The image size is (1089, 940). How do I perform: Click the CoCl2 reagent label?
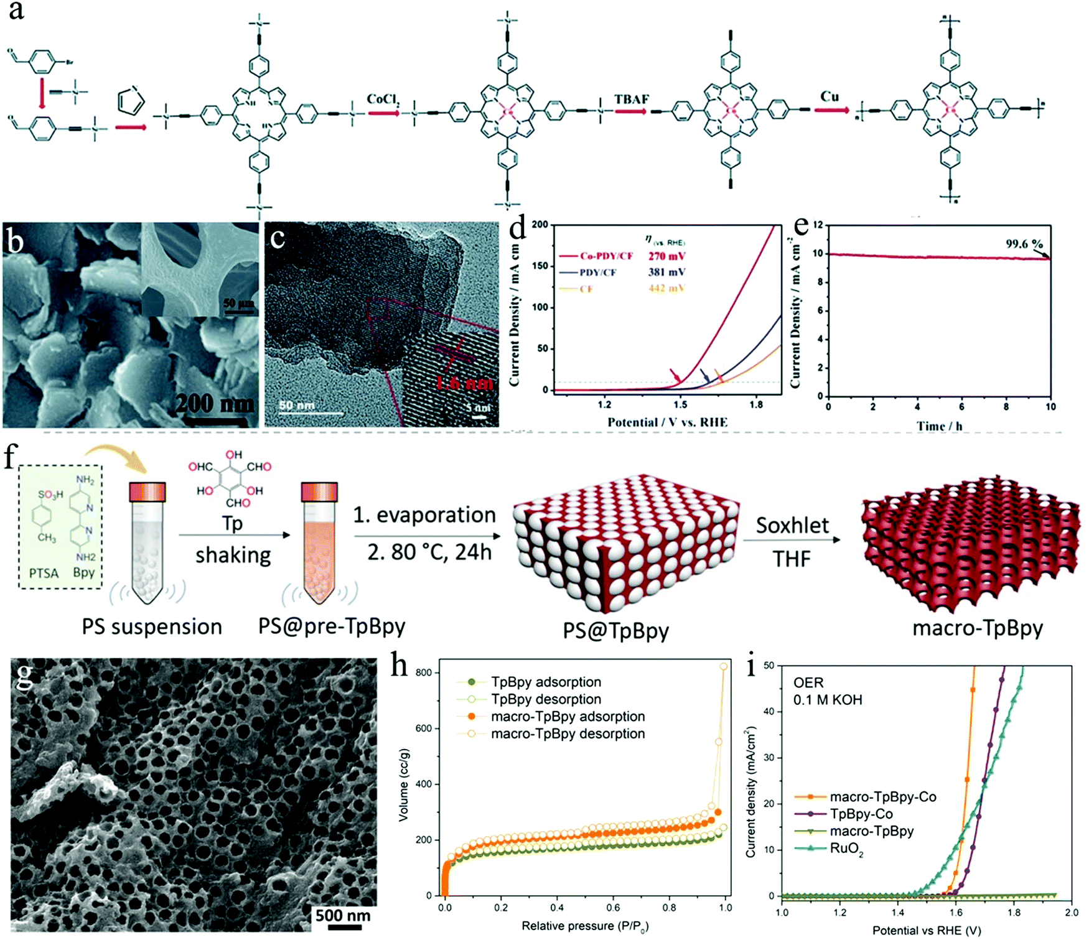point(383,100)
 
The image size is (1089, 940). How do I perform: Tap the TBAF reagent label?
point(631,100)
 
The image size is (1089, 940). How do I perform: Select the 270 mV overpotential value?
point(666,256)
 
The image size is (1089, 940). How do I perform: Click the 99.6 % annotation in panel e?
point(1024,243)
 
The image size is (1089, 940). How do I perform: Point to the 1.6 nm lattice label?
point(464,381)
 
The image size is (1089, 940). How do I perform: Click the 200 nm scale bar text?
point(215,404)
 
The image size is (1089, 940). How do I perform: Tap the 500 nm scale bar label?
point(343,915)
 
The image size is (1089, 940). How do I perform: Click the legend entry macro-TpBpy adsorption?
point(568,716)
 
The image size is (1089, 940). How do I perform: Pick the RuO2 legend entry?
point(846,849)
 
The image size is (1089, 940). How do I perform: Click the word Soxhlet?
point(792,526)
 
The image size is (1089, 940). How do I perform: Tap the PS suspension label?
point(152,626)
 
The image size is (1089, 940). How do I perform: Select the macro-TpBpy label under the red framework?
point(977,628)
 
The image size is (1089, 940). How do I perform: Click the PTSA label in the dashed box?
point(44,573)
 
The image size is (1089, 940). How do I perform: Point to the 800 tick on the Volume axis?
point(424,672)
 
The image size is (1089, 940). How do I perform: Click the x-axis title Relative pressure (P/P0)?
point(585,926)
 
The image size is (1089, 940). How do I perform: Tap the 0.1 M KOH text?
point(828,700)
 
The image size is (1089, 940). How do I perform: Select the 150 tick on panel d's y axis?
point(540,266)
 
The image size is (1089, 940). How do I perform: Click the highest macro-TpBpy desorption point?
point(723,666)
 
